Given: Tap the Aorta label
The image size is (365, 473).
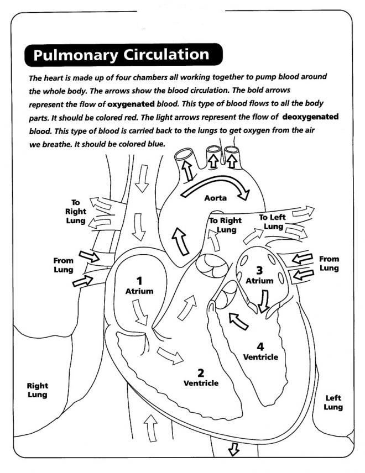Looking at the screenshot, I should click(216, 198).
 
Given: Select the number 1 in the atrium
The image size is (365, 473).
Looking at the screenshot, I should click(139, 280).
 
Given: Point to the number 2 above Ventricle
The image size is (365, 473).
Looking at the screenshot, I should click(201, 372).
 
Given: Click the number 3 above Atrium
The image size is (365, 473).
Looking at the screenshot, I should click(259, 270).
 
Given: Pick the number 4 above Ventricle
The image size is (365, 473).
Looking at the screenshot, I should click(260, 346).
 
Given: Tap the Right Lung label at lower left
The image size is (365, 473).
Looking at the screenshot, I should click(38, 390).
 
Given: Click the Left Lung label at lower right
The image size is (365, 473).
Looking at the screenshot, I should click(333, 402).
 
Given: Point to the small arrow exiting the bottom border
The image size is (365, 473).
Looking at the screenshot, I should click(233, 450).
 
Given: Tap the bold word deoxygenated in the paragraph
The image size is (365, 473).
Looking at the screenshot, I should click(310, 117).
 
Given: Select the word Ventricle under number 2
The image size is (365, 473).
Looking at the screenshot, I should click(201, 383).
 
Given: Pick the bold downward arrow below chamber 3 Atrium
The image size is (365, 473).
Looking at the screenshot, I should click(264, 302).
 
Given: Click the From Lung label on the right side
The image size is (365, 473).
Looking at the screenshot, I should click(330, 263).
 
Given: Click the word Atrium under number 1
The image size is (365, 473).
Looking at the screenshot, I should click(139, 291).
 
